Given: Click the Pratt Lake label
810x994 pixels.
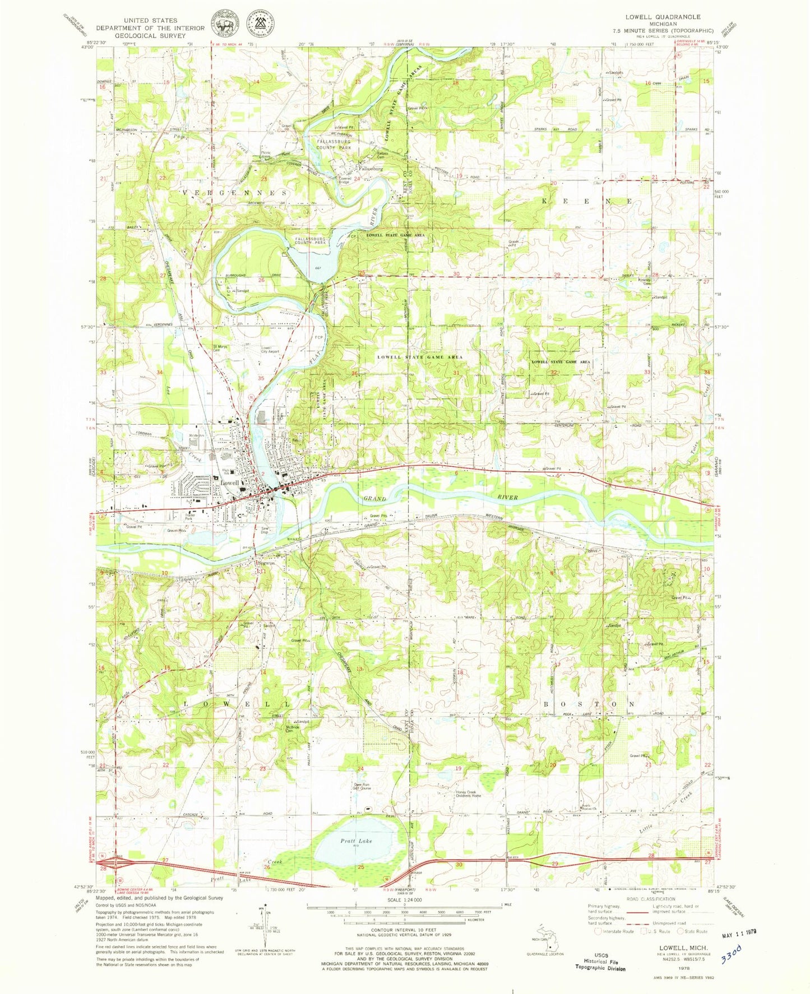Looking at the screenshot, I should click(357, 840).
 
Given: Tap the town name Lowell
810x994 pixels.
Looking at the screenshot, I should click(229, 482).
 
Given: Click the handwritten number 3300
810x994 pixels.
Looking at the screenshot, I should click(732, 952).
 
